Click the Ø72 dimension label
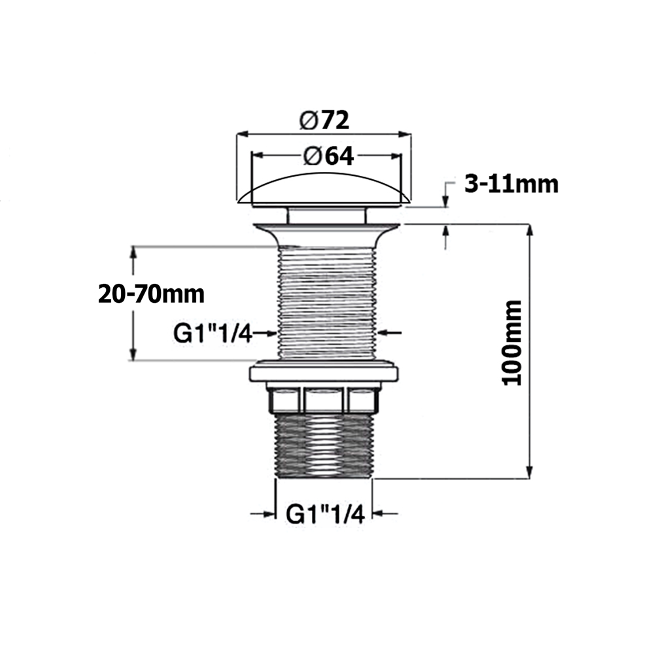[x=324, y=121]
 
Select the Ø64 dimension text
[x=329, y=156]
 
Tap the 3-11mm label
[x=511, y=184]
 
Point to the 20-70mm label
[x=152, y=294]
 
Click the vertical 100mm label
[x=512, y=343]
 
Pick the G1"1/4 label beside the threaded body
[x=213, y=334]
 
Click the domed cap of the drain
[x=324, y=190]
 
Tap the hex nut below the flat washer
[x=323, y=400]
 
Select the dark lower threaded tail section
[x=324, y=446]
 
